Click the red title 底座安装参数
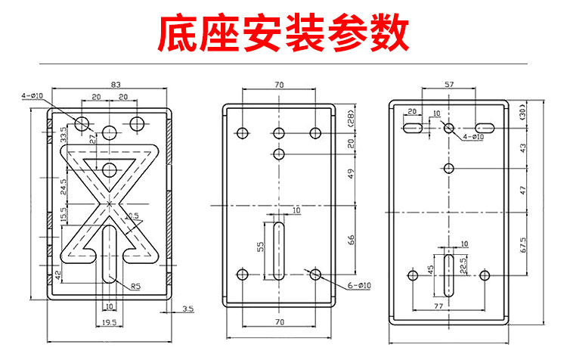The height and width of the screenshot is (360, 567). click(283, 33)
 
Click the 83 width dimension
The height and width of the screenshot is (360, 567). click(116, 85)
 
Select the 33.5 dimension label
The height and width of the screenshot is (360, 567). click(64, 134)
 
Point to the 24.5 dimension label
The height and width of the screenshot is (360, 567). click(64, 185)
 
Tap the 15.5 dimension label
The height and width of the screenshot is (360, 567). click(64, 215)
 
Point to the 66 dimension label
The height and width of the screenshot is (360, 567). click(349, 240)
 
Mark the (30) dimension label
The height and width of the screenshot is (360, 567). click(522, 114)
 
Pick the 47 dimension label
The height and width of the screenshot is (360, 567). click(522, 190)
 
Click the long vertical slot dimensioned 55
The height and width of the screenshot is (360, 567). click(279, 249)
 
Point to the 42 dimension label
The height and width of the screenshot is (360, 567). click(58, 273)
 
